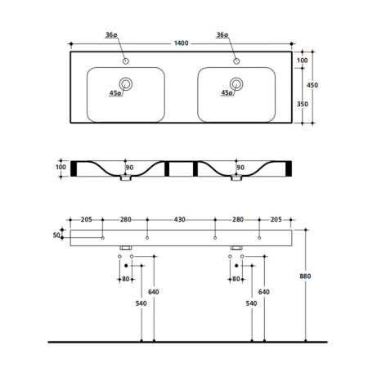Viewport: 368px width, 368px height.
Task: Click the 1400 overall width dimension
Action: pos(181,43)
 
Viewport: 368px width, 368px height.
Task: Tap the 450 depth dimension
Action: pos(312,85)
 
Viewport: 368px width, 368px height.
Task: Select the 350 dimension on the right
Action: pos(303,104)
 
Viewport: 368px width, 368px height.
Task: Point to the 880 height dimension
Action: pos(305,276)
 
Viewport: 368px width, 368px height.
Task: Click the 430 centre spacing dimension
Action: pos(180,219)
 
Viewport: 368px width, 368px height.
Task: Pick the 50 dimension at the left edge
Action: pos(56,235)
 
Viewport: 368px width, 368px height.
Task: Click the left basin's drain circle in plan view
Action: pos(126,84)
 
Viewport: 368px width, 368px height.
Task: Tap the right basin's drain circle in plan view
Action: pos(236,84)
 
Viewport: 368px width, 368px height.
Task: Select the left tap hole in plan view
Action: pos(126,61)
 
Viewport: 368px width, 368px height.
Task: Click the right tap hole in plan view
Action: pos(236,61)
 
